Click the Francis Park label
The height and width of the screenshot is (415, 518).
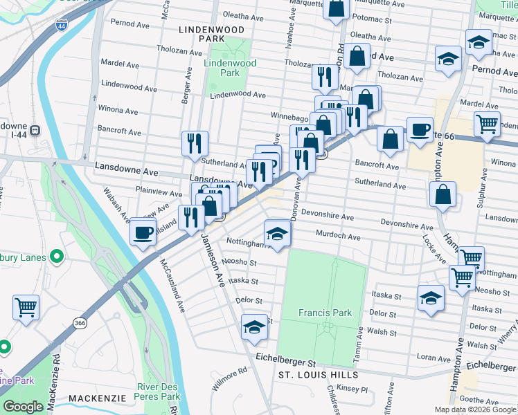tap(325, 313)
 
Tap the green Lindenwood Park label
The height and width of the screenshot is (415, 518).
tap(230, 68)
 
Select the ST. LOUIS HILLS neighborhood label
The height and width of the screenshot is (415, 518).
tap(316, 375)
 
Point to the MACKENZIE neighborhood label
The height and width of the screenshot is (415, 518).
tap(97, 400)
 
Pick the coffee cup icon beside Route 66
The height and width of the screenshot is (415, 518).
tap(420, 129)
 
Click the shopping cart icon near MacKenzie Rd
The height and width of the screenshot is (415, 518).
tap(26, 306)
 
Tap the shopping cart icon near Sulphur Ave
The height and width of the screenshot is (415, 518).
tap(488, 125)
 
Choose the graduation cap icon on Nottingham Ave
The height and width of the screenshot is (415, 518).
tap(277, 233)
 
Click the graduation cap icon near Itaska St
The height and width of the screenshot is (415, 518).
tap(431, 299)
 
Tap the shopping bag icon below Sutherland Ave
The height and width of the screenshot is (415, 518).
tap(443, 196)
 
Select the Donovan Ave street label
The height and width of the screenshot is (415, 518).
tap(296, 201)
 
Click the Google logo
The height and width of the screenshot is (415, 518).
tap(24, 407)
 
